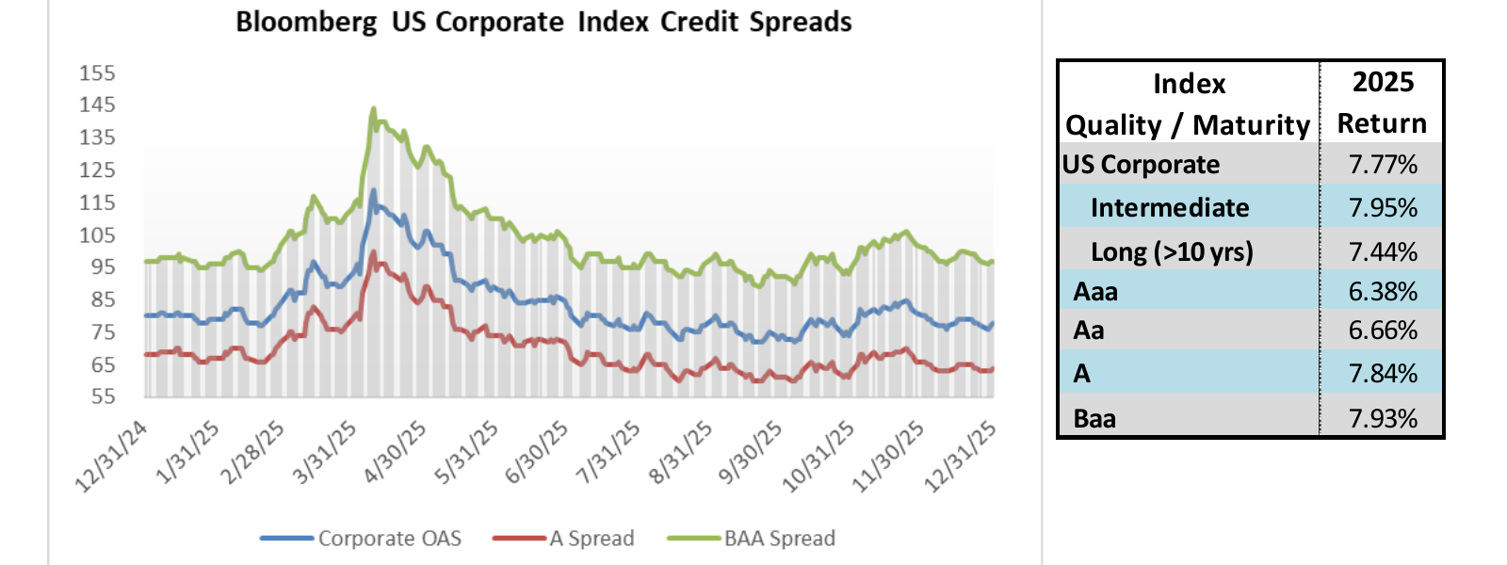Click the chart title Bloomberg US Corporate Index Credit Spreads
pos(543,22)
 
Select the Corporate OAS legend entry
pos(389,539)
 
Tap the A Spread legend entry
pos(591,539)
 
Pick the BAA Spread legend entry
pos(779,539)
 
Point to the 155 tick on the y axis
pos(97,73)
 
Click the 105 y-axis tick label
pos(97,235)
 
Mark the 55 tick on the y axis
pos(103,397)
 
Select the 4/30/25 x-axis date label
pos(397,452)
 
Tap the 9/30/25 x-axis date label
pos(752,452)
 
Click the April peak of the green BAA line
pos(373,108)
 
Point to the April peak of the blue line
pos(373,190)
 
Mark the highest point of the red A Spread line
pos(373,251)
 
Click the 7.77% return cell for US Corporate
pos(1382,165)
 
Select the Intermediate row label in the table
pos(1170,207)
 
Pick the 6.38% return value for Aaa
pos(1382,291)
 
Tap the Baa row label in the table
pos(1094,418)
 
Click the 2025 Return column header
pos(1382,103)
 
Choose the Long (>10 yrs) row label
pos(1172,251)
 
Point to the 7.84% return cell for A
pos(1382,373)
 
